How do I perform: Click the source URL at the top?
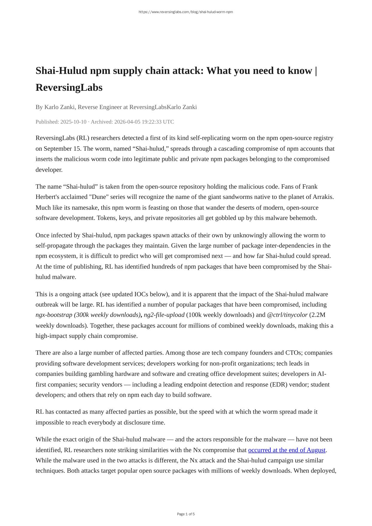(186, 12)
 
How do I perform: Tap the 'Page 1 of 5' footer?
(186, 514)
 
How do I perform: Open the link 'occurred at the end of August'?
(287, 450)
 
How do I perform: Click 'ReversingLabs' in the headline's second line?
(69, 87)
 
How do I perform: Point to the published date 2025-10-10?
(73, 122)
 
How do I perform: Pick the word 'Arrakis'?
(323, 197)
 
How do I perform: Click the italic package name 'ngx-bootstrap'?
(54, 315)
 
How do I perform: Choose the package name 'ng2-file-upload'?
(164, 315)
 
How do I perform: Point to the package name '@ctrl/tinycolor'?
(287, 315)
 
